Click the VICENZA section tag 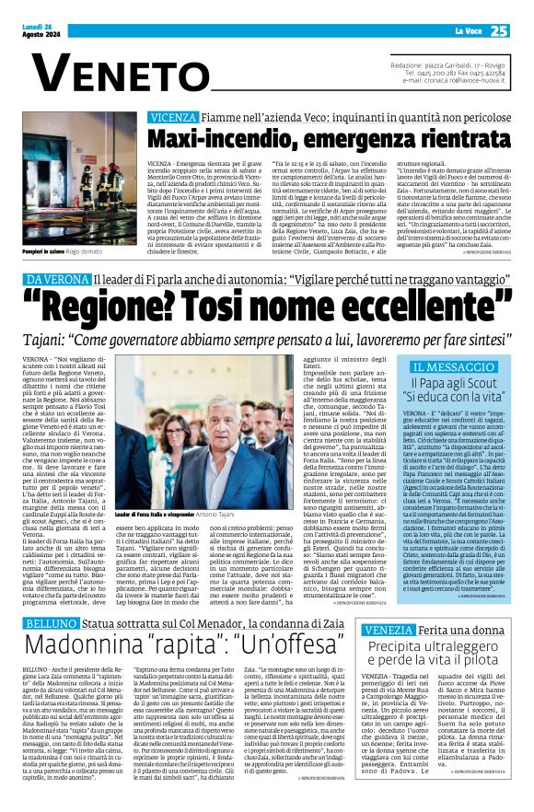click(x=172, y=118)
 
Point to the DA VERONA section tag click(x=57, y=277)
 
